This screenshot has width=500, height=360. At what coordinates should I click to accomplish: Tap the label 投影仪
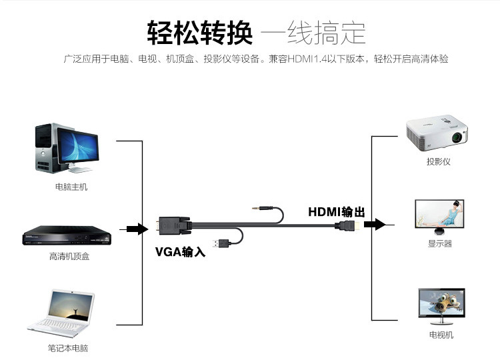439,162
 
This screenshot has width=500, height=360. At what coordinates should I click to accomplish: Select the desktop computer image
67,149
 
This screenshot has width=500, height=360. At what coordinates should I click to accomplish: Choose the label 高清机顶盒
69,256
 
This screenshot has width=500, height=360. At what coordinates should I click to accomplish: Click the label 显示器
440,244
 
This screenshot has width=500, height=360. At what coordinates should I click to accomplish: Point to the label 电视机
441,335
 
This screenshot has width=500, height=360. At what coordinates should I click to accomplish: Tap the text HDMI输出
337,212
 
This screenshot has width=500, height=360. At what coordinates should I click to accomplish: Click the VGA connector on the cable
173,225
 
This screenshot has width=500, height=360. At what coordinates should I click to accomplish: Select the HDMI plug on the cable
349,226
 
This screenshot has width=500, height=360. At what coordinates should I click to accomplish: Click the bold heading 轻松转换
199,31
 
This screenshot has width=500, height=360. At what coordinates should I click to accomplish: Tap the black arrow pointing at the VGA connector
136,229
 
